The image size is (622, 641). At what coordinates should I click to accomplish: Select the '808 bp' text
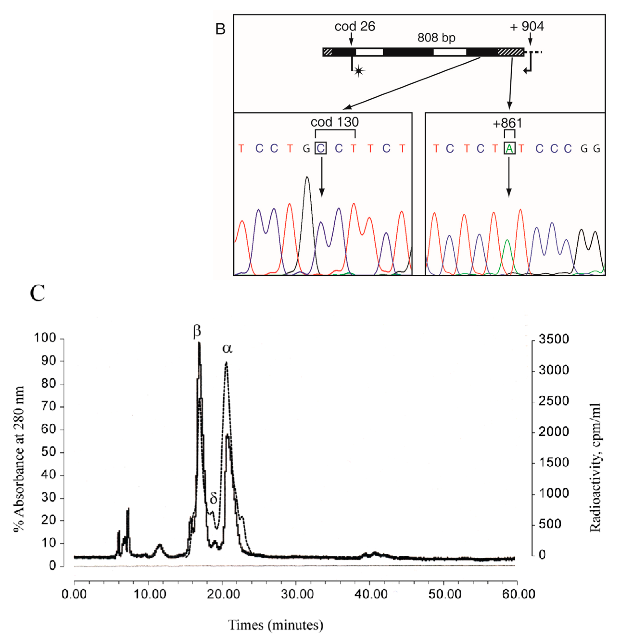pyautogui.click(x=436, y=38)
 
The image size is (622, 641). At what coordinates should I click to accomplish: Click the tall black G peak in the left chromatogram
pyautogui.click(x=307, y=178)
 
